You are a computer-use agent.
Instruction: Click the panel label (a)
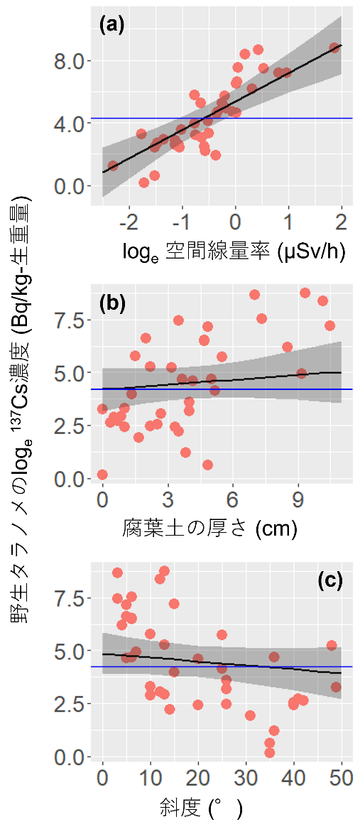(x=111, y=26)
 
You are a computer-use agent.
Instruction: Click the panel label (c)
(x=329, y=580)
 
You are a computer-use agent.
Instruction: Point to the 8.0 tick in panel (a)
(x=69, y=61)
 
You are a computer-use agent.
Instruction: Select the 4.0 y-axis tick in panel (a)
(x=69, y=124)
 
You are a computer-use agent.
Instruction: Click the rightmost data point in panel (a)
(x=334, y=48)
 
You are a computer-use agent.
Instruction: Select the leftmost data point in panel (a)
(x=113, y=166)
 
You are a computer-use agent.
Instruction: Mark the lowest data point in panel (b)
(x=102, y=475)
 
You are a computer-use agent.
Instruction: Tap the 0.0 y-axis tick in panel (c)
(x=69, y=757)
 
